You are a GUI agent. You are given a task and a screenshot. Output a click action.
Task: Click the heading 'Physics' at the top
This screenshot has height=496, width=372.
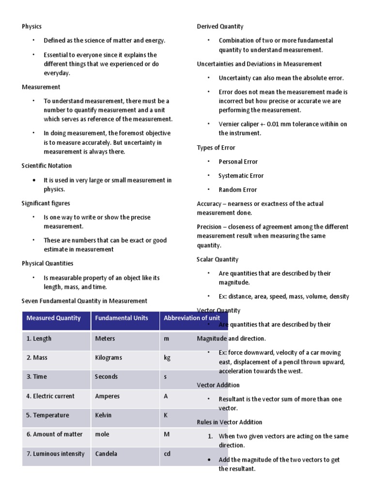pos(31,27)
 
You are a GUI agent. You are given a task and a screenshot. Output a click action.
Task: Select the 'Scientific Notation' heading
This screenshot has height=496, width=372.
pos(46,166)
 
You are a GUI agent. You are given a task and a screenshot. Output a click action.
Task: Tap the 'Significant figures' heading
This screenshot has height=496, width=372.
pos(46,203)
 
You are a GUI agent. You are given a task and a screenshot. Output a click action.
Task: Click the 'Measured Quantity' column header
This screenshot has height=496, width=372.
pos(53,318)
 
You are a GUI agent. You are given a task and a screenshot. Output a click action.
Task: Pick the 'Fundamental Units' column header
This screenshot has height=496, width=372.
pos(122,318)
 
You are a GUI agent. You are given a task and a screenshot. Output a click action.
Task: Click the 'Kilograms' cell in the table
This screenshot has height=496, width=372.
pos(108,357)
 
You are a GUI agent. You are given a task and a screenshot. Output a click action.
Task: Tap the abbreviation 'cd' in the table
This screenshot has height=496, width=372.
pos(167,454)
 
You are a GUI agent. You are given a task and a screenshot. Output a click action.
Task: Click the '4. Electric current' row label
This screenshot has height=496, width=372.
pos(50,396)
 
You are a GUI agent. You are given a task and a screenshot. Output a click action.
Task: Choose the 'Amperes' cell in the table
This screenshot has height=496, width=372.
pos(108,396)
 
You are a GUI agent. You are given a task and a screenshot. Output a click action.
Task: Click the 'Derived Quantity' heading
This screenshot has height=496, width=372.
pos(220,27)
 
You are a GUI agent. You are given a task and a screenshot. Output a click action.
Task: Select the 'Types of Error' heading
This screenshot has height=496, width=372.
pos(216,147)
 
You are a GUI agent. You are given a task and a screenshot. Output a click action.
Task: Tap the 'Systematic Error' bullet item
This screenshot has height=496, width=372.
pos(241,176)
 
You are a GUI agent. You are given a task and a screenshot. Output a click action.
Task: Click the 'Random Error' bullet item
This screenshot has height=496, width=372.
pos(237,190)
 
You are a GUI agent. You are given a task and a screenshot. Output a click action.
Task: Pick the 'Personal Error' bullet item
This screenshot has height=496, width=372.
pos(238,162)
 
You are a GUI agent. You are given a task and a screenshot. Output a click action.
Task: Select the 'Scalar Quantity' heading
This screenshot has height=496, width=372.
pos(217,259)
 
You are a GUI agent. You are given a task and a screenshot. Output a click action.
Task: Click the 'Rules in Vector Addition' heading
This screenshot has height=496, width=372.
pos(230,422)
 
